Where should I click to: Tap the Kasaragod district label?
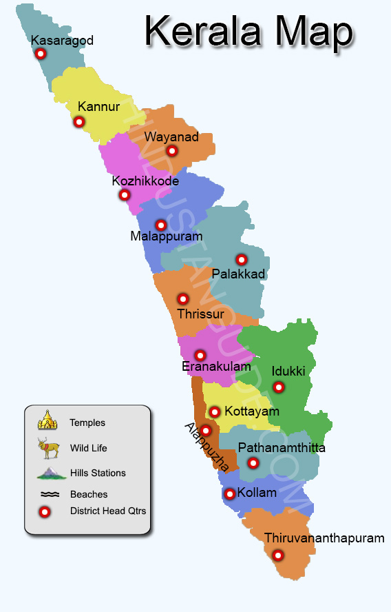[x=62, y=41]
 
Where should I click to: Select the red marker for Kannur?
[x=79, y=122]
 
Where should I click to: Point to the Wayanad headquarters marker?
[x=172, y=151]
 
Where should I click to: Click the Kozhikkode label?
[x=145, y=181]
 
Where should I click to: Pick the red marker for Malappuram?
[x=161, y=225]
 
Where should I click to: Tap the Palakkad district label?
[x=238, y=274]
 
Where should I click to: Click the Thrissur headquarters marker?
[x=183, y=299]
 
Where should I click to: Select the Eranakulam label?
[x=216, y=367]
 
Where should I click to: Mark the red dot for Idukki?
[x=279, y=387]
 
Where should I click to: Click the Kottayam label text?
[x=252, y=411]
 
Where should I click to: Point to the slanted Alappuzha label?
[x=207, y=447]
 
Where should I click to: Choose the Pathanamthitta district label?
[x=282, y=448]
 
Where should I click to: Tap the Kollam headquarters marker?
[x=230, y=493]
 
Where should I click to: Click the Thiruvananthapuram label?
[x=324, y=538]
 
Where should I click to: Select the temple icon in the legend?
[x=47, y=420]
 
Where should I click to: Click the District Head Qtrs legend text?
[x=107, y=511]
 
